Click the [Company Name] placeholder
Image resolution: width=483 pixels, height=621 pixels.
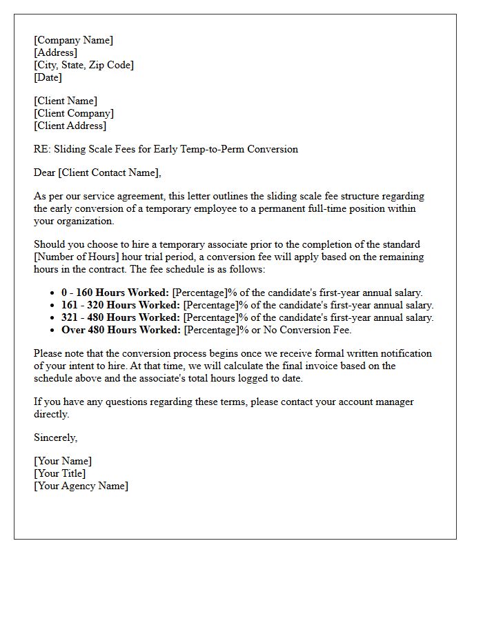click(x=74, y=40)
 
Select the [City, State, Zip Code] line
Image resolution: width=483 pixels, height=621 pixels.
click(x=83, y=65)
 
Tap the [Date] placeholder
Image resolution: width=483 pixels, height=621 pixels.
click(x=48, y=77)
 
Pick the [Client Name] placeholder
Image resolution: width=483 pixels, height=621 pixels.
click(x=66, y=101)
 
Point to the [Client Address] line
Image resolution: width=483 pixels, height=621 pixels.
click(x=70, y=126)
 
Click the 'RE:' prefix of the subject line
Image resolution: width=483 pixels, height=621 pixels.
click(x=42, y=149)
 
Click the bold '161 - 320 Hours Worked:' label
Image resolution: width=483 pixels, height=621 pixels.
click(x=121, y=305)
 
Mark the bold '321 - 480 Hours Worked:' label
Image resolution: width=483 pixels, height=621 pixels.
click(x=121, y=317)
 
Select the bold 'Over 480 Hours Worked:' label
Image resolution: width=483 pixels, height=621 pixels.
click(x=121, y=330)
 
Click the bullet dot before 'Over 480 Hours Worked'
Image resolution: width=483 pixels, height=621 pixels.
click(x=54, y=330)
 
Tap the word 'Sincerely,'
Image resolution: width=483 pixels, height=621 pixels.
click(x=55, y=437)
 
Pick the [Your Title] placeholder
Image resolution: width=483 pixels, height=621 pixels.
click(x=60, y=473)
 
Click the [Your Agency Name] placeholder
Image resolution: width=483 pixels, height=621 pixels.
click(x=81, y=486)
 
